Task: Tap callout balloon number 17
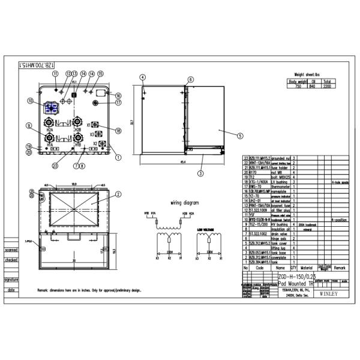pos(118,103)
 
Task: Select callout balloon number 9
pos(28,125)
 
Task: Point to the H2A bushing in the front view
pos(50,124)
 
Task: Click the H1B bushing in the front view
pos(77,139)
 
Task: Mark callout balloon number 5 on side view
pos(239,136)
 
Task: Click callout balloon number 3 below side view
pos(200,173)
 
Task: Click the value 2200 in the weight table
pos(326,86)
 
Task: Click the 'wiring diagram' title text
pos(184,202)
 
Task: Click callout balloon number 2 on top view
pos(118,194)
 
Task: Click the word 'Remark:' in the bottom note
pos(45,290)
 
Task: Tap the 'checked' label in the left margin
pos(11,260)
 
